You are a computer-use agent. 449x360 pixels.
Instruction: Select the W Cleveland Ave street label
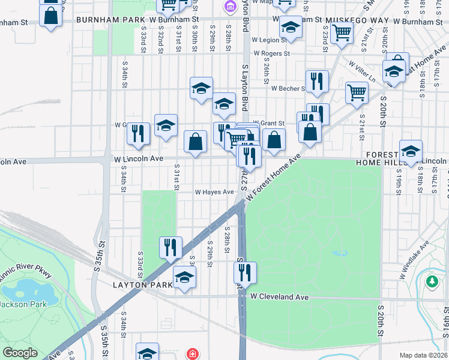coord(279,296)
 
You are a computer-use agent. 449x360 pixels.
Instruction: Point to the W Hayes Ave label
coord(214,192)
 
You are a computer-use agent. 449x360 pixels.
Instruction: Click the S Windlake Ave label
coord(415,259)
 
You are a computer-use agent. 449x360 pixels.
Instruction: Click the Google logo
coord(20,353)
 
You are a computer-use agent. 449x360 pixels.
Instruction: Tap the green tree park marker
coord(432,281)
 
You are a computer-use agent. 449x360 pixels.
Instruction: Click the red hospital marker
coord(192,353)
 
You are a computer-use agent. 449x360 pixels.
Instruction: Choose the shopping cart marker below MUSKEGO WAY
coord(342,34)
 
